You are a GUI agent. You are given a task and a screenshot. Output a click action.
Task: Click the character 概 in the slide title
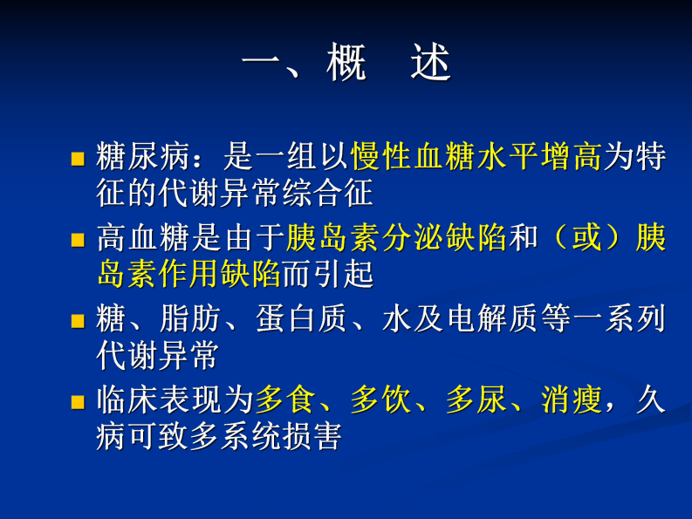pos(346,64)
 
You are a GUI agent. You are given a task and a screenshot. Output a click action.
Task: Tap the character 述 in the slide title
pos(430,64)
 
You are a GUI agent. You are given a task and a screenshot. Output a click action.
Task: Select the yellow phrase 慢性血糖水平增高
pos(476,157)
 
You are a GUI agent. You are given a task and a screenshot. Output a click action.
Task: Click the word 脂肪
pos(190,319)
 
